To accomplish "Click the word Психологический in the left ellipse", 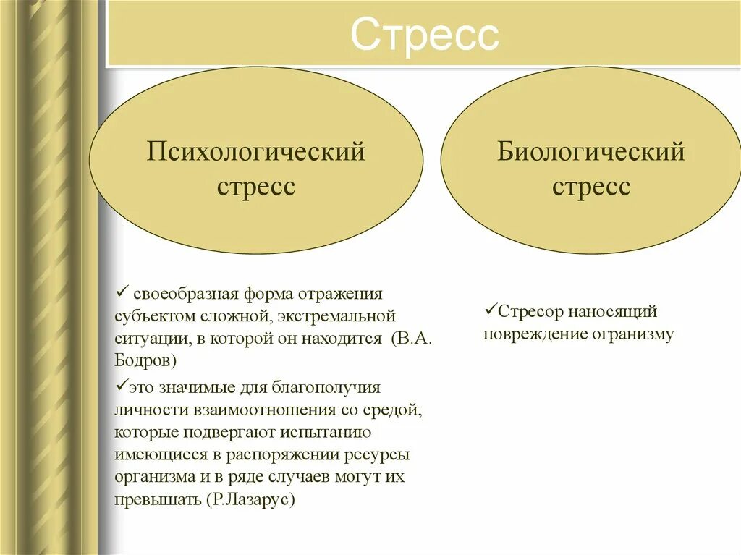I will click(256, 153).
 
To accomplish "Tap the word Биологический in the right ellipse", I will click(590, 153).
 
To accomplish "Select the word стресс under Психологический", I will click(256, 187).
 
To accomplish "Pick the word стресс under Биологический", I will click(590, 187).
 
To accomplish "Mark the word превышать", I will click(157, 500).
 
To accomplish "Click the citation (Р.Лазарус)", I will click(251, 500).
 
